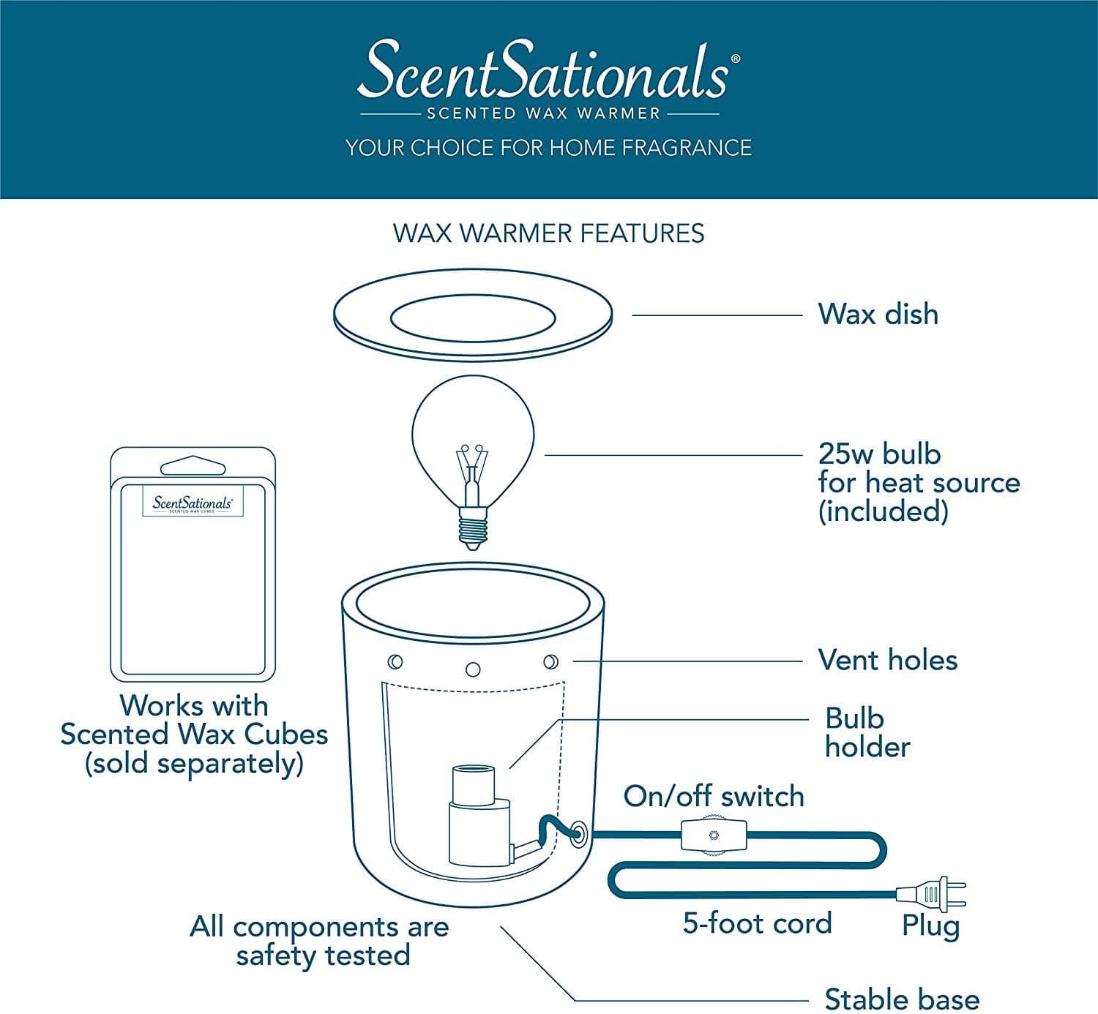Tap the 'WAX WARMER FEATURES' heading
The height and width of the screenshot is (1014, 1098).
548,233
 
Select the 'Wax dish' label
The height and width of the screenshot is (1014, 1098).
878,314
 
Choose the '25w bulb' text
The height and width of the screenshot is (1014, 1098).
879,454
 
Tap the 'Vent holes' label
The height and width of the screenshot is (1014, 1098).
887,660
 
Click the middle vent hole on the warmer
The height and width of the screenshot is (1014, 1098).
473,669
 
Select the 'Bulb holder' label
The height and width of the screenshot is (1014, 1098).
867,732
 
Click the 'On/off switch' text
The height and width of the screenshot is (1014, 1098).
714,796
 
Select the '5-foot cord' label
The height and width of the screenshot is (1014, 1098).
757,923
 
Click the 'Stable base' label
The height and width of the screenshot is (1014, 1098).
901,999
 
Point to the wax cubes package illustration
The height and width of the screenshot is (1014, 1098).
193,563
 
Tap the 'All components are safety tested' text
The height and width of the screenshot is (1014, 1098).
320,941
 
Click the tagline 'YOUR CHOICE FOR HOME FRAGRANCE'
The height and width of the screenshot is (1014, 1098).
548,148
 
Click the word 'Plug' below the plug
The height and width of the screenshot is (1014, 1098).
930,926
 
